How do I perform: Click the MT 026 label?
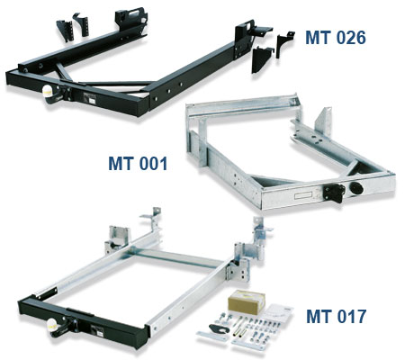tap(336, 38)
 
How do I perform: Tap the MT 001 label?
tap(138, 164)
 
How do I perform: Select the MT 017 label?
tap(336, 316)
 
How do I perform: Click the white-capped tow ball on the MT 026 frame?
tap(49, 91)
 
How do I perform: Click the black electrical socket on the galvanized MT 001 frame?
tap(334, 193)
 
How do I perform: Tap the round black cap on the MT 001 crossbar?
tap(356, 188)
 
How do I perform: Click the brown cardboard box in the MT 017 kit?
tap(247, 301)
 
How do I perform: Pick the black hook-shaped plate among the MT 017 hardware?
tap(220, 328)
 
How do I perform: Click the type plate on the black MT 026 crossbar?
tap(90, 98)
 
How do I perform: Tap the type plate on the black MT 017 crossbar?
tap(98, 331)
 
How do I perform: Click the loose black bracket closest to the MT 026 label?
tap(283, 44)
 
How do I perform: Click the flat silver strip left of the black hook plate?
tap(211, 336)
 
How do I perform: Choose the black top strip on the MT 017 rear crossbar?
tap(80, 312)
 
